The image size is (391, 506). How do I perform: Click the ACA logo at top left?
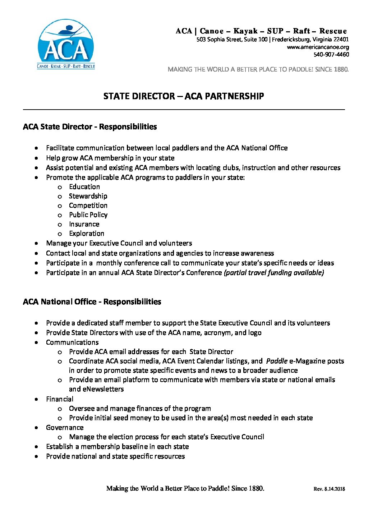66,44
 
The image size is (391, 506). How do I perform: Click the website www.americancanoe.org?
317,47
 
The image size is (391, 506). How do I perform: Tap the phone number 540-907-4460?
331,55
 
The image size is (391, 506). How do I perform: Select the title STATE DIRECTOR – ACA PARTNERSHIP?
184,96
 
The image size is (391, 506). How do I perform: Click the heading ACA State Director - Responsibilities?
90,127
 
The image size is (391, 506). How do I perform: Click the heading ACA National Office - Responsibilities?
92,302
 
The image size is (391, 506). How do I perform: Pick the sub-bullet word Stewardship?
88,196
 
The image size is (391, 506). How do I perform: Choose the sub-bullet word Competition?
88,206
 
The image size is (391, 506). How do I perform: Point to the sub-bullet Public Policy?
88,215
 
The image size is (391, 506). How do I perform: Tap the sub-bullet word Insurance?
84,224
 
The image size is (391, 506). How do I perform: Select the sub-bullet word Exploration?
87,234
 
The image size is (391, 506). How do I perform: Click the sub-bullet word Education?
84,187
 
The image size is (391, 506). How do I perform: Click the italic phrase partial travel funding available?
274,273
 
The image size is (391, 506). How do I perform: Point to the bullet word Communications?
72,342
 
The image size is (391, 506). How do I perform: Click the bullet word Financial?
60,399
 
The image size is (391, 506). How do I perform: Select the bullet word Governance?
65,428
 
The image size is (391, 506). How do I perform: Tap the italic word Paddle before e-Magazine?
277,361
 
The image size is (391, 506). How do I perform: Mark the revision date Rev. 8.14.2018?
329,489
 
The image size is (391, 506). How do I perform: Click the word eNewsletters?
96,389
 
